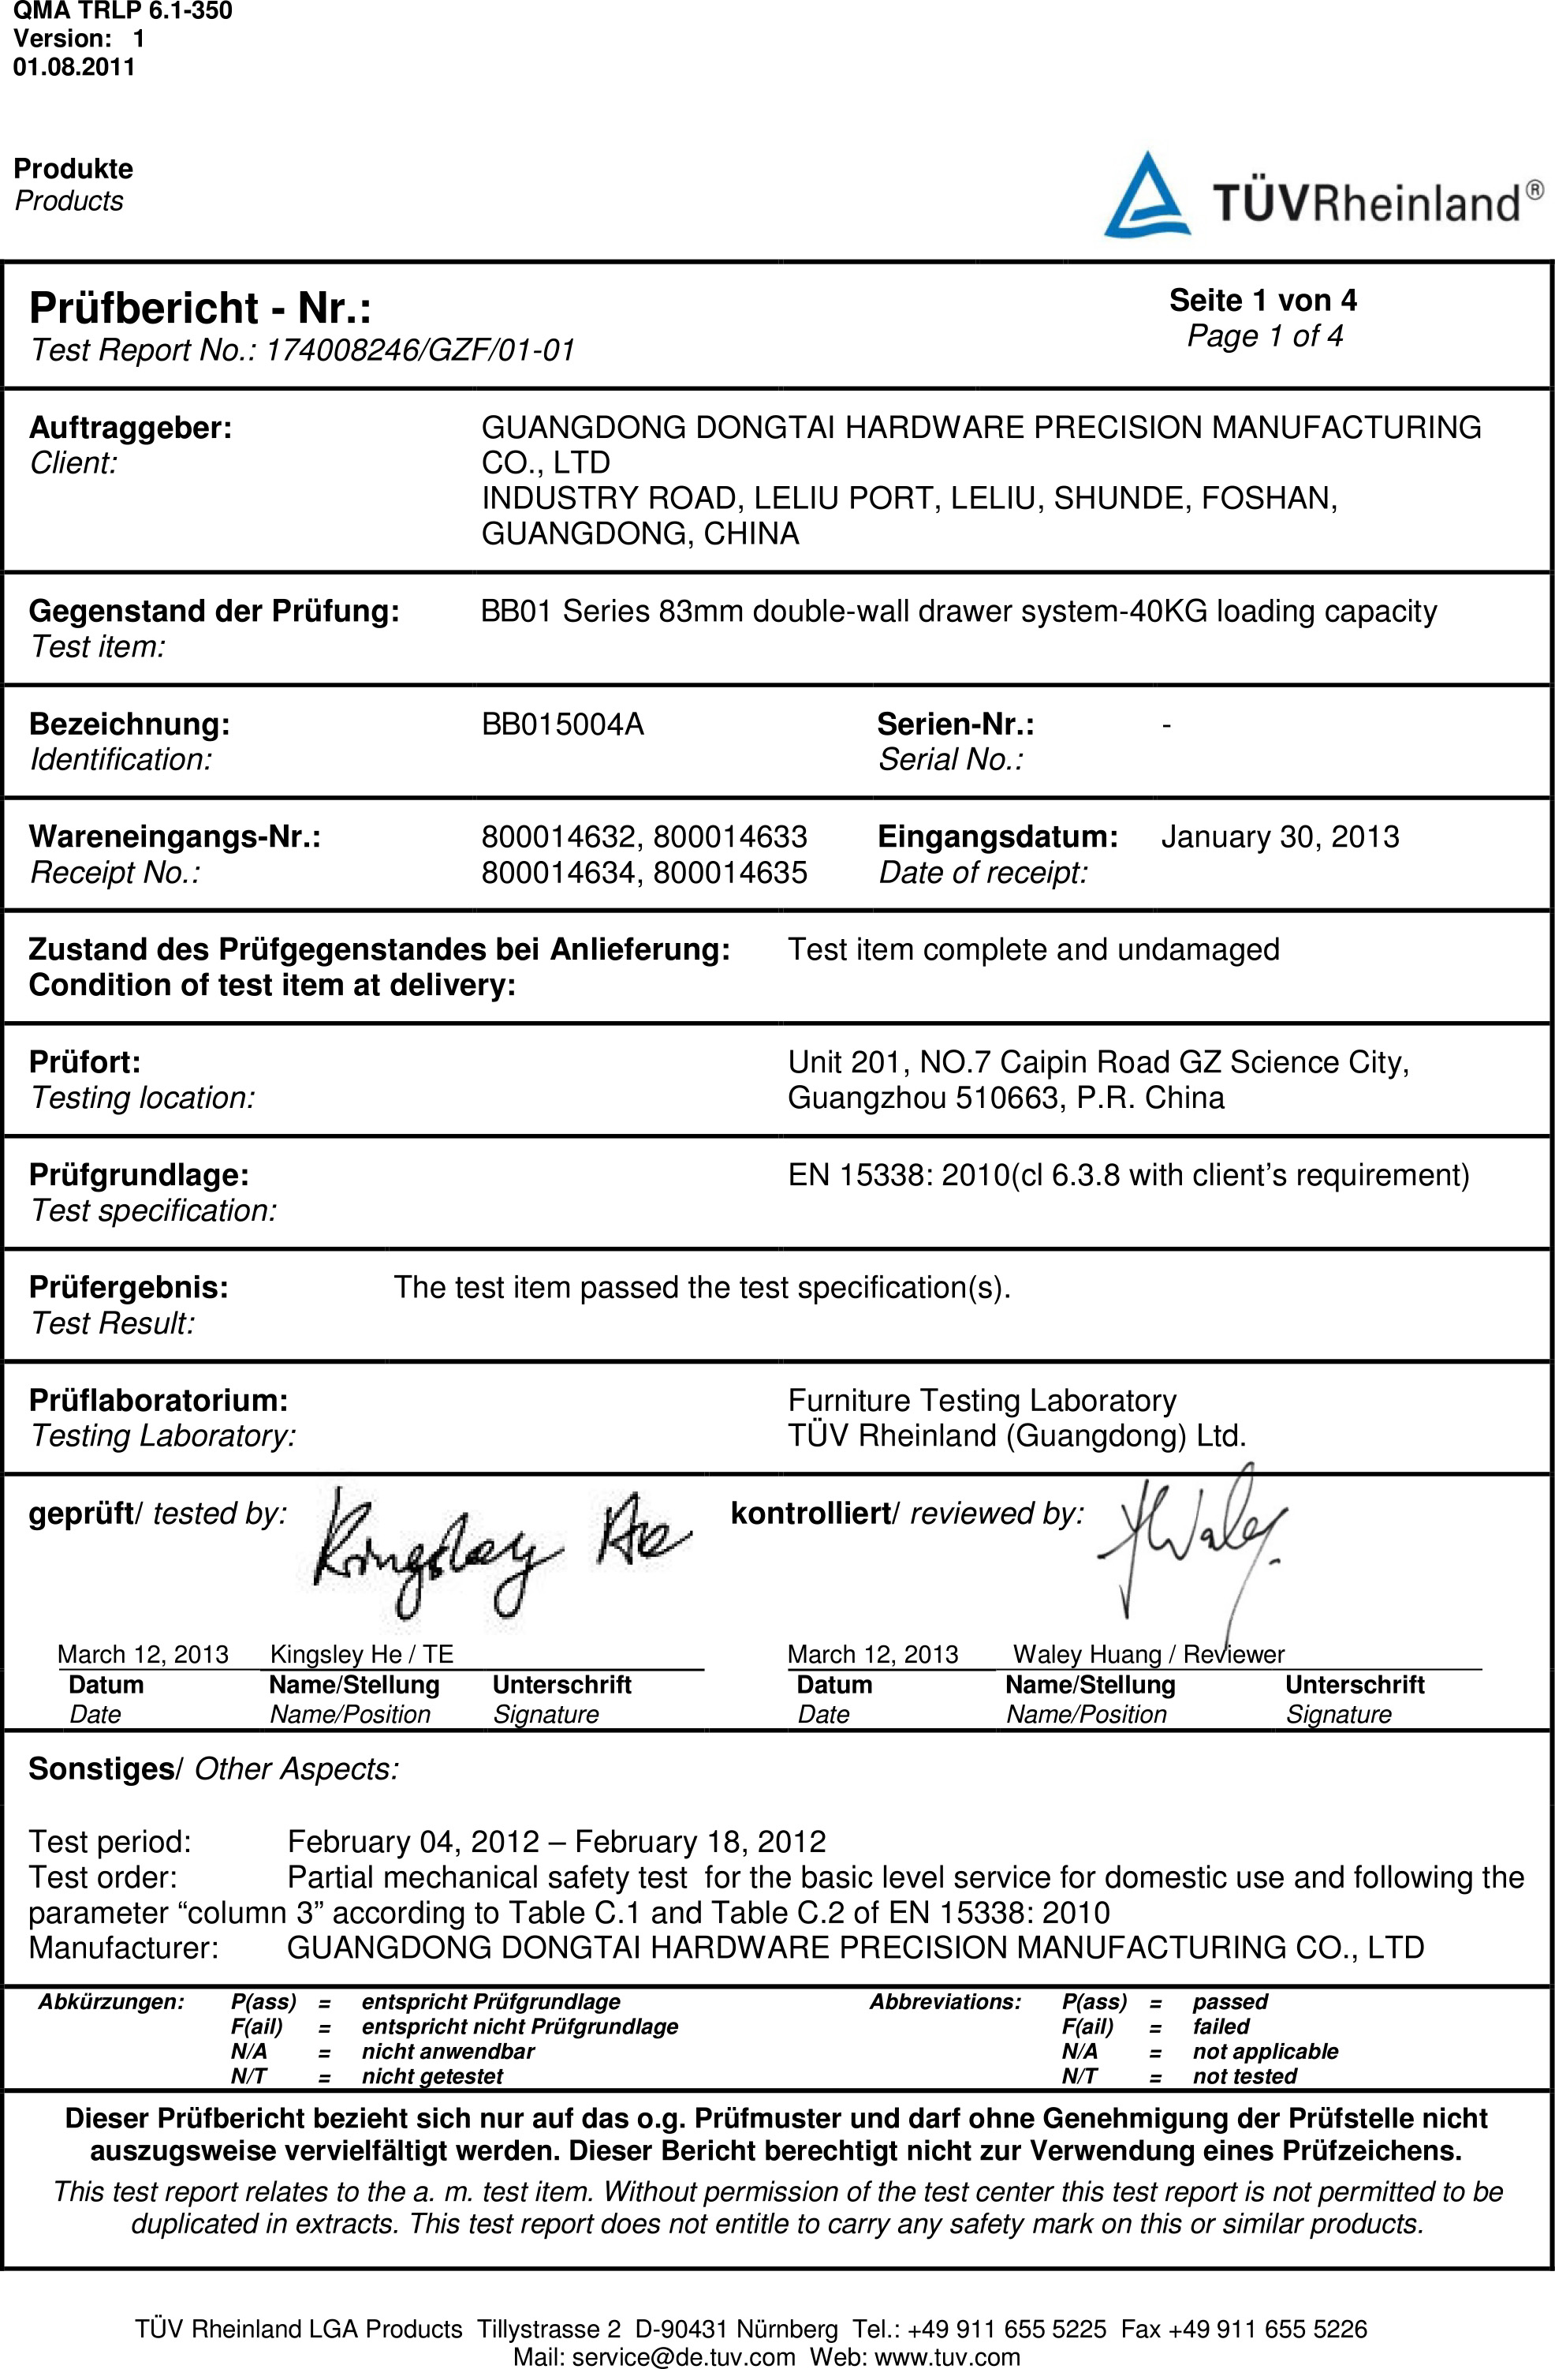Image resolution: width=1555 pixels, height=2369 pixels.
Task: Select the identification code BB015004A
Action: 562,724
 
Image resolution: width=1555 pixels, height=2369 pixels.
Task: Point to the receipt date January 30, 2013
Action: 1280,836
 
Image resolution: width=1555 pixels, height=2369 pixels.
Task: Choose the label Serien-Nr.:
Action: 955,724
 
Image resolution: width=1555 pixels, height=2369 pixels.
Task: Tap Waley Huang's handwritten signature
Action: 1189,1538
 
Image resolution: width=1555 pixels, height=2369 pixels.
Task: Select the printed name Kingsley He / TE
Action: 361,1654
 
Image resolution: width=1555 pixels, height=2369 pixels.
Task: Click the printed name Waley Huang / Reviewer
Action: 1148,1654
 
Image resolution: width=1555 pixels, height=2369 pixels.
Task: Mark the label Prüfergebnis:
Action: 129,1287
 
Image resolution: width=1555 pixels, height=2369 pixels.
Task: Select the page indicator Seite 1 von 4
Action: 1262,300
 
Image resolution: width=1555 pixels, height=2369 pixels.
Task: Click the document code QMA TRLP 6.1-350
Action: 122,11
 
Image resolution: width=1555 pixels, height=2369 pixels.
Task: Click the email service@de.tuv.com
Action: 684,2357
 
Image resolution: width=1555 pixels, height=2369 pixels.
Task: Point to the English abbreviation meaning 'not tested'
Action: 1244,2075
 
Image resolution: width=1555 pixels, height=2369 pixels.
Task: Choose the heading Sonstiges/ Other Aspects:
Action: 213,1768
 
